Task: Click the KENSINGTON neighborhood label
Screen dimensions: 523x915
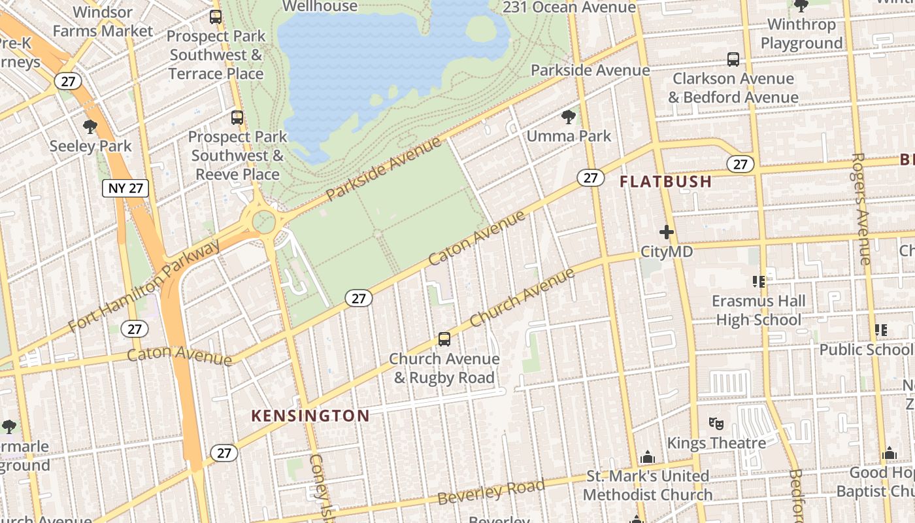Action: tap(310, 416)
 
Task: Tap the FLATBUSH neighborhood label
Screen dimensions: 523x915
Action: tap(665, 182)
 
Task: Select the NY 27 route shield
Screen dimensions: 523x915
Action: tap(125, 188)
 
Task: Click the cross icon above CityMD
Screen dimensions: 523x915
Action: tap(666, 232)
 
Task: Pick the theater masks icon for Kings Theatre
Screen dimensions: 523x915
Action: tap(716, 424)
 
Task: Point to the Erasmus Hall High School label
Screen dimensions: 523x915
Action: tap(758, 311)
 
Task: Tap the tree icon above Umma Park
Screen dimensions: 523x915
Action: tap(569, 117)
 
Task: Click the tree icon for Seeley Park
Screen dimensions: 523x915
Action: tap(90, 127)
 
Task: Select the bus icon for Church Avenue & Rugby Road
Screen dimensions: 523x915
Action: tap(444, 339)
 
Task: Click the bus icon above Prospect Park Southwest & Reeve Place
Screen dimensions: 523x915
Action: tap(237, 118)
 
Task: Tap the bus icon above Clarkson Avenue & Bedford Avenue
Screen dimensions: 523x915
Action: tap(733, 59)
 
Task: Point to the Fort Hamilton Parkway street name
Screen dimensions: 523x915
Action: tap(145, 286)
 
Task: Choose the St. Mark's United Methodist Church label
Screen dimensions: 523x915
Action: tap(647, 485)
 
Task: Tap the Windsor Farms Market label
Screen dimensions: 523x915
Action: tap(103, 22)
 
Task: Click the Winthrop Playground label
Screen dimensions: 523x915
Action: tap(801, 34)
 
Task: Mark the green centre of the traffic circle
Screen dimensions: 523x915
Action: tap(264, 222)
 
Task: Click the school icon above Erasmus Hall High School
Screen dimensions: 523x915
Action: tap(759, 282)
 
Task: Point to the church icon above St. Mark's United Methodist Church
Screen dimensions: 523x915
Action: tap(647, 456)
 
